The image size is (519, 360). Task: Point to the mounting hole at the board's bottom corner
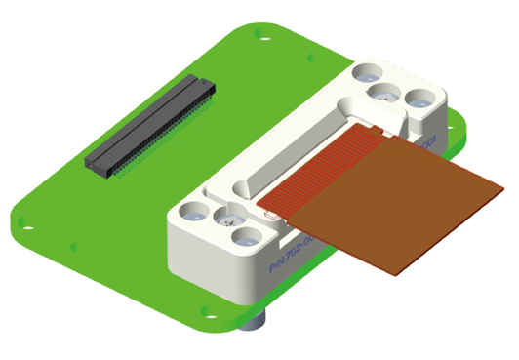pos(206,314)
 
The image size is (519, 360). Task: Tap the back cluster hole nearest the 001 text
pos(420,100)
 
